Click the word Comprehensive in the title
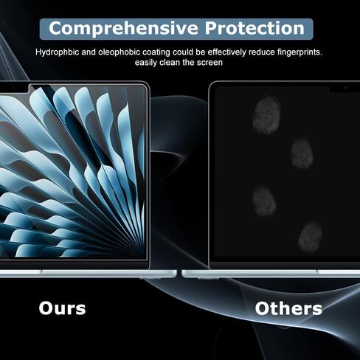(123, 29)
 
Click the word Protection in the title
(255, 28)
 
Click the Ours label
(62, 308)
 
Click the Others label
(288, 308)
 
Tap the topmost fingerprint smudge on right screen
(267, 115)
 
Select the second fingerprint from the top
(302, 153)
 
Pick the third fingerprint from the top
(264, 201)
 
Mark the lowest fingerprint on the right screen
(311, 237)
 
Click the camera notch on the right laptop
(345, 89)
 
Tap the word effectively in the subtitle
(226, 52)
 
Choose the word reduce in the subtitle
(261, 52)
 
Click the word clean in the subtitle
(170, 63)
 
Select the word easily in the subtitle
(146, 63)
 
